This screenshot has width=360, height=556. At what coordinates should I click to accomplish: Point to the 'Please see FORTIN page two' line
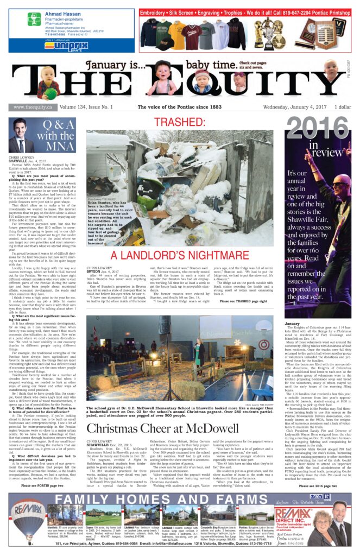coord(43,470)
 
